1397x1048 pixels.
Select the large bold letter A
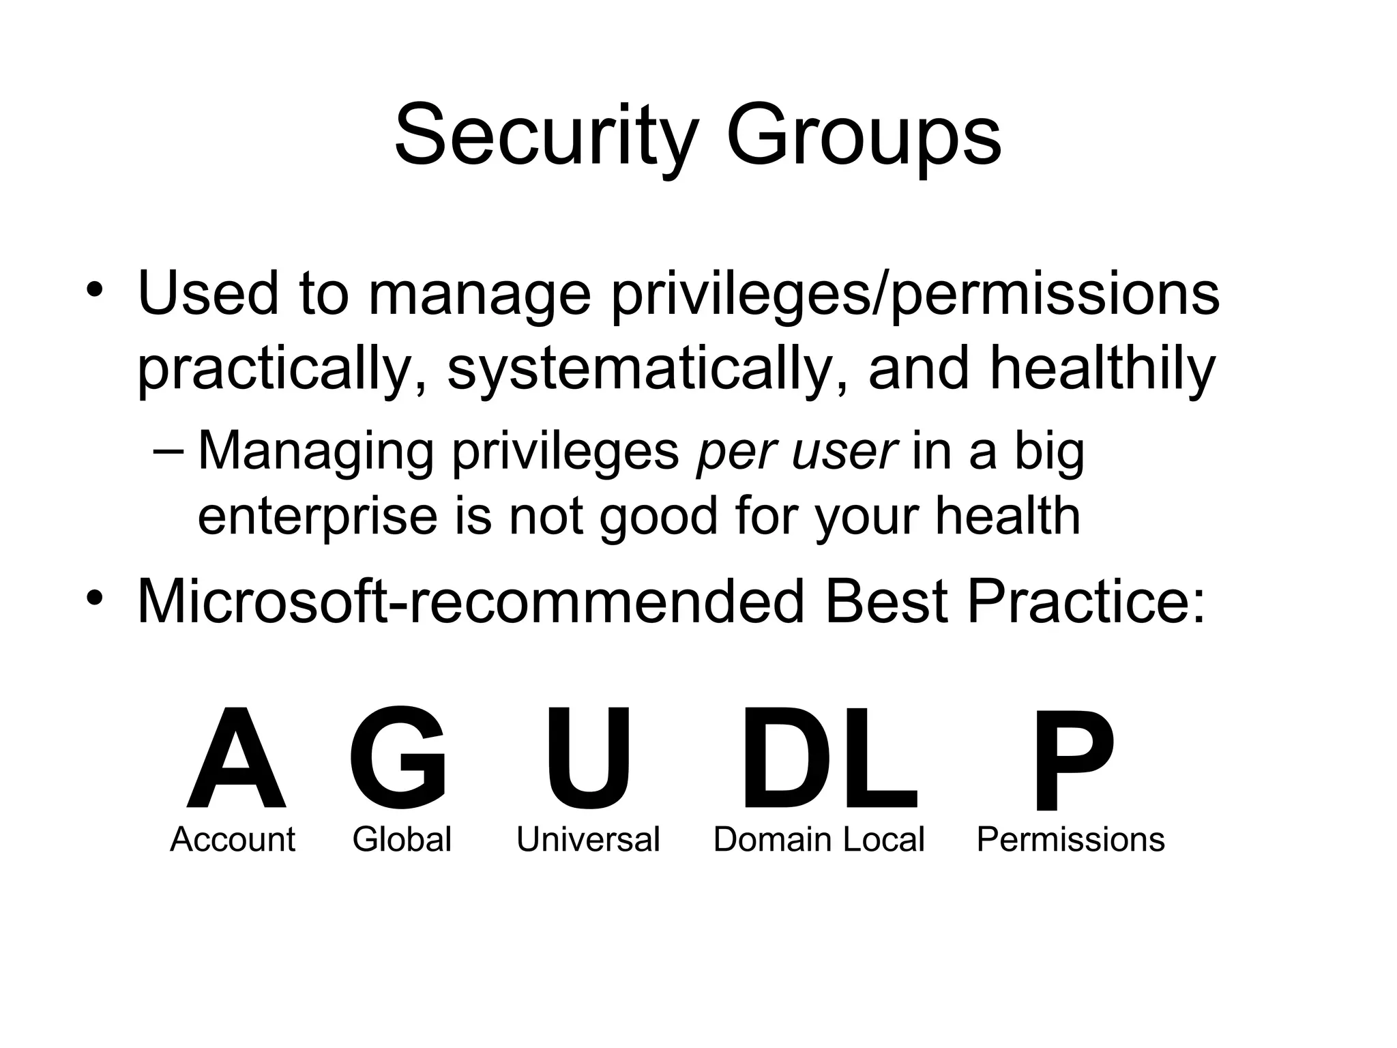[236, 759]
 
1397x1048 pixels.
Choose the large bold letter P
[1072, 760]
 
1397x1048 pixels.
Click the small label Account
[233, 839]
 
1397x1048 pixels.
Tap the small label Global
[402, 839]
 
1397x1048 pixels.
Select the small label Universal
[588, 839]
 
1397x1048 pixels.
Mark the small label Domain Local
[819, 839]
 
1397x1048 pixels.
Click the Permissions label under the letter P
[1070, 839]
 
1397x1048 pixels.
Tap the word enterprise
[317, 517]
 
